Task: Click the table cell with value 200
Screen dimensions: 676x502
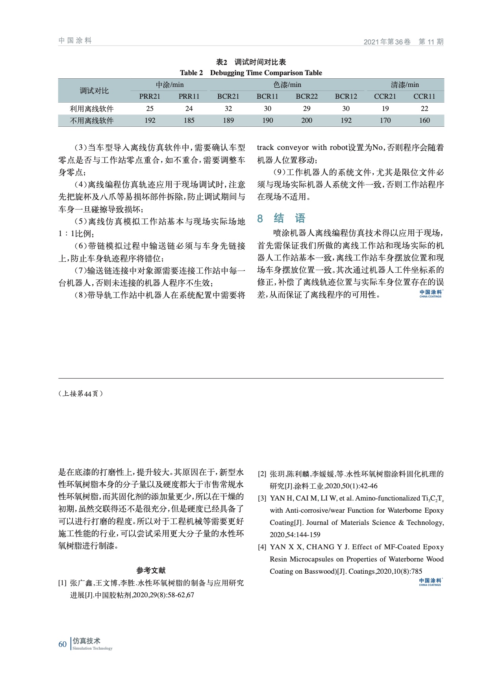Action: coord(307,120)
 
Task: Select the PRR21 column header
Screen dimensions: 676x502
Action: coord(150,96)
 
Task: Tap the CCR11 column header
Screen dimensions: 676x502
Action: coord(424,96)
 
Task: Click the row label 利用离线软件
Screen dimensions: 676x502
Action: coord(92,109)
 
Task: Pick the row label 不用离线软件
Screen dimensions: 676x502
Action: coord(92,120)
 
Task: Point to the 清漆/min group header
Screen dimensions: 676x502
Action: coord(405,85)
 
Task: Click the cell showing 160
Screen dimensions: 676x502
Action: coord(424,120)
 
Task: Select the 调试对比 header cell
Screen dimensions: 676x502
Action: coord(94,91)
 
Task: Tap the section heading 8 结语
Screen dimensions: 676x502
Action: coord(281,218)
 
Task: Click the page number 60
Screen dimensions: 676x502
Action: coord(63,644)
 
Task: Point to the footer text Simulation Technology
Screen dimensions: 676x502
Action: coord(93,648)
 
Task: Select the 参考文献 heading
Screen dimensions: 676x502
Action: coord(151,570)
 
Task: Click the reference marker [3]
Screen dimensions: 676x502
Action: coord(262,499)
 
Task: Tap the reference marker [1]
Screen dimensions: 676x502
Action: coord(62,583)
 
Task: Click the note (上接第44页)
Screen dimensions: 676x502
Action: coord(81,393)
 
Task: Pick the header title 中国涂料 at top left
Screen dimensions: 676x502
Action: coord(75,41)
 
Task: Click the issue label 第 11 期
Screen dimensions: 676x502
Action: coord(431,42)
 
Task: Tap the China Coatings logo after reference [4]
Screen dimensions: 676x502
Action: coord(430,582)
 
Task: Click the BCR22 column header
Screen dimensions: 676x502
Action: coord(307,96)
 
